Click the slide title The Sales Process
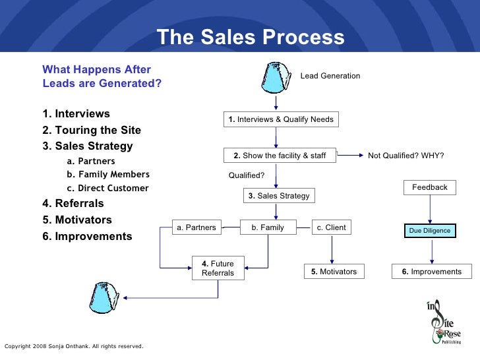tap(251, 38)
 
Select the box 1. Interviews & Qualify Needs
tap(281, 119)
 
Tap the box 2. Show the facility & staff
tap(280, 156)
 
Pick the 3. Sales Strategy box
tap(278, 196)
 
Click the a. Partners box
tap(196, 227)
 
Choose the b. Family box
tap(267, 227)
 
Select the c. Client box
tap(331, 227)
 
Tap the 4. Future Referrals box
tap(218, 268)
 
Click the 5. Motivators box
tap(334, 272)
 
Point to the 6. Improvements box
tap(432, 272)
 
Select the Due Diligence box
tap(430, 231)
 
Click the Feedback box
tap(430, 187)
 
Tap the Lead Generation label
tap(330, 76)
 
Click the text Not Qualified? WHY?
tap(405, 156)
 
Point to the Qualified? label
tap(247, 175)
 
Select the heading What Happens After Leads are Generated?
tap(102, 76)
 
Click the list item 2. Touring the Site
tap(91, 130)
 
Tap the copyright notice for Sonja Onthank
tap(74, 345)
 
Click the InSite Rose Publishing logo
tap(444, 322)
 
